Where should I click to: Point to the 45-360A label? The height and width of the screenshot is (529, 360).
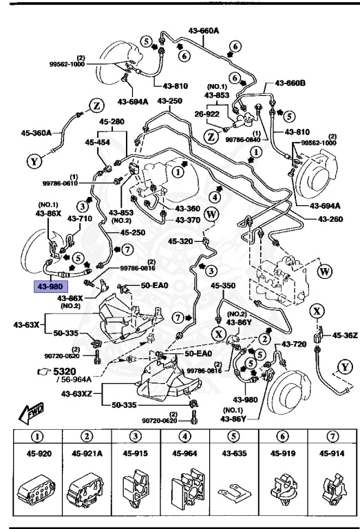pos(36,133)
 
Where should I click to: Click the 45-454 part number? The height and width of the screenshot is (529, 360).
pos(98,142)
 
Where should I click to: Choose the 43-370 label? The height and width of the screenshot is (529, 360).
pos(187,220)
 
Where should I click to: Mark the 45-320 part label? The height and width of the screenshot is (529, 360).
pos(182,242)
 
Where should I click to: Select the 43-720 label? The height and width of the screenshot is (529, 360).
pos(295,343)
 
